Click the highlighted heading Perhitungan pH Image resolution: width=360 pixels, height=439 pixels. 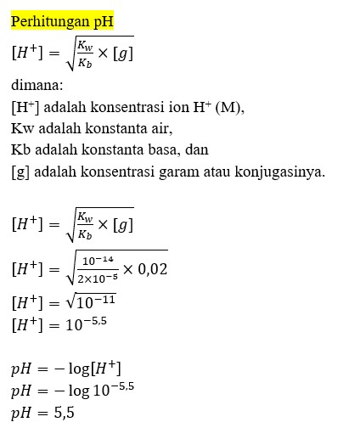61,20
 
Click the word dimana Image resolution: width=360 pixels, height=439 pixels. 38,85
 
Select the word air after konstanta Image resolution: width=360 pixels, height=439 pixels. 160,129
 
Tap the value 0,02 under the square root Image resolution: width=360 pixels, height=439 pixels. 153,269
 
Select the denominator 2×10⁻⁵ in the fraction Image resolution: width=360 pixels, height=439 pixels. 98,279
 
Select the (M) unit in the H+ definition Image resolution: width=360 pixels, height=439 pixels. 228,107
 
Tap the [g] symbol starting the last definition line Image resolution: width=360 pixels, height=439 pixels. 20,172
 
